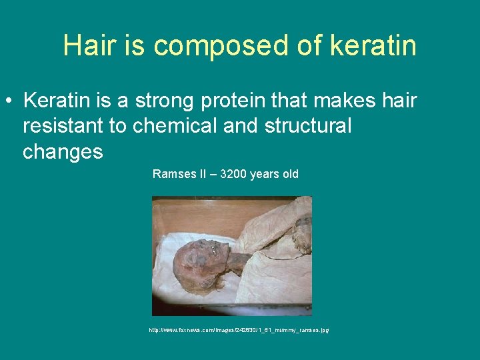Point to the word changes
pos(63,153)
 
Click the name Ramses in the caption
pos(174,174)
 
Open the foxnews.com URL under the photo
pos(239,330)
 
